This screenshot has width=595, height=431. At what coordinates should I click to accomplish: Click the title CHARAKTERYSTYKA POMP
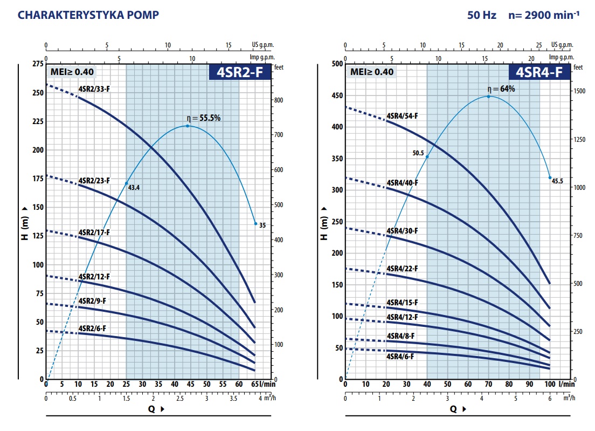pyautogui.click(x=88, y=15)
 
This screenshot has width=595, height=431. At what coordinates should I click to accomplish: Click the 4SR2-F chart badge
pyautogui.click(x=239, y=72)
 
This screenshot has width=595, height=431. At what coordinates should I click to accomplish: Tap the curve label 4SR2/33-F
pyautogui.click(x=94, y=88)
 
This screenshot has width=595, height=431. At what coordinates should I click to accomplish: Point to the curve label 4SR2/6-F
pyautogui.click(x=92, y=328)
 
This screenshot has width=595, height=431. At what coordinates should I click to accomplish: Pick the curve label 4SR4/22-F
pyautogui.click(x=402, y=269)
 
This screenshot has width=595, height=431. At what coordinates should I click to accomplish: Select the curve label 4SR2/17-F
pyautogui.click(x=94, y=232)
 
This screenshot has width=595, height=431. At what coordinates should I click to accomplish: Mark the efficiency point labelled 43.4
pyautogui.click(x=127, y=183)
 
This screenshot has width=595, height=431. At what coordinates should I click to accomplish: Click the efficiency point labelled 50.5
pyautogui.click(x=427, y=156)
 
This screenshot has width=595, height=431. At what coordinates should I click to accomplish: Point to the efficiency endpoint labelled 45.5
pyautogui.click(x=550, y=177)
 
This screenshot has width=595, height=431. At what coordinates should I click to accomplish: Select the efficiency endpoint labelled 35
pyautogui.click(x=255, y=223)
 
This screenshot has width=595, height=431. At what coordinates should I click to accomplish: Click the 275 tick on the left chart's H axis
pyautogui.click(x=37, y=64)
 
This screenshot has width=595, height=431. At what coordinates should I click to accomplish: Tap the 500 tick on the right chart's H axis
pyautogui.click(x=337, y=64)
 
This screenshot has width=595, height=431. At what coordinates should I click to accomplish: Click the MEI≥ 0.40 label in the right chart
pyautogui.click(x=372, y=72)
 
